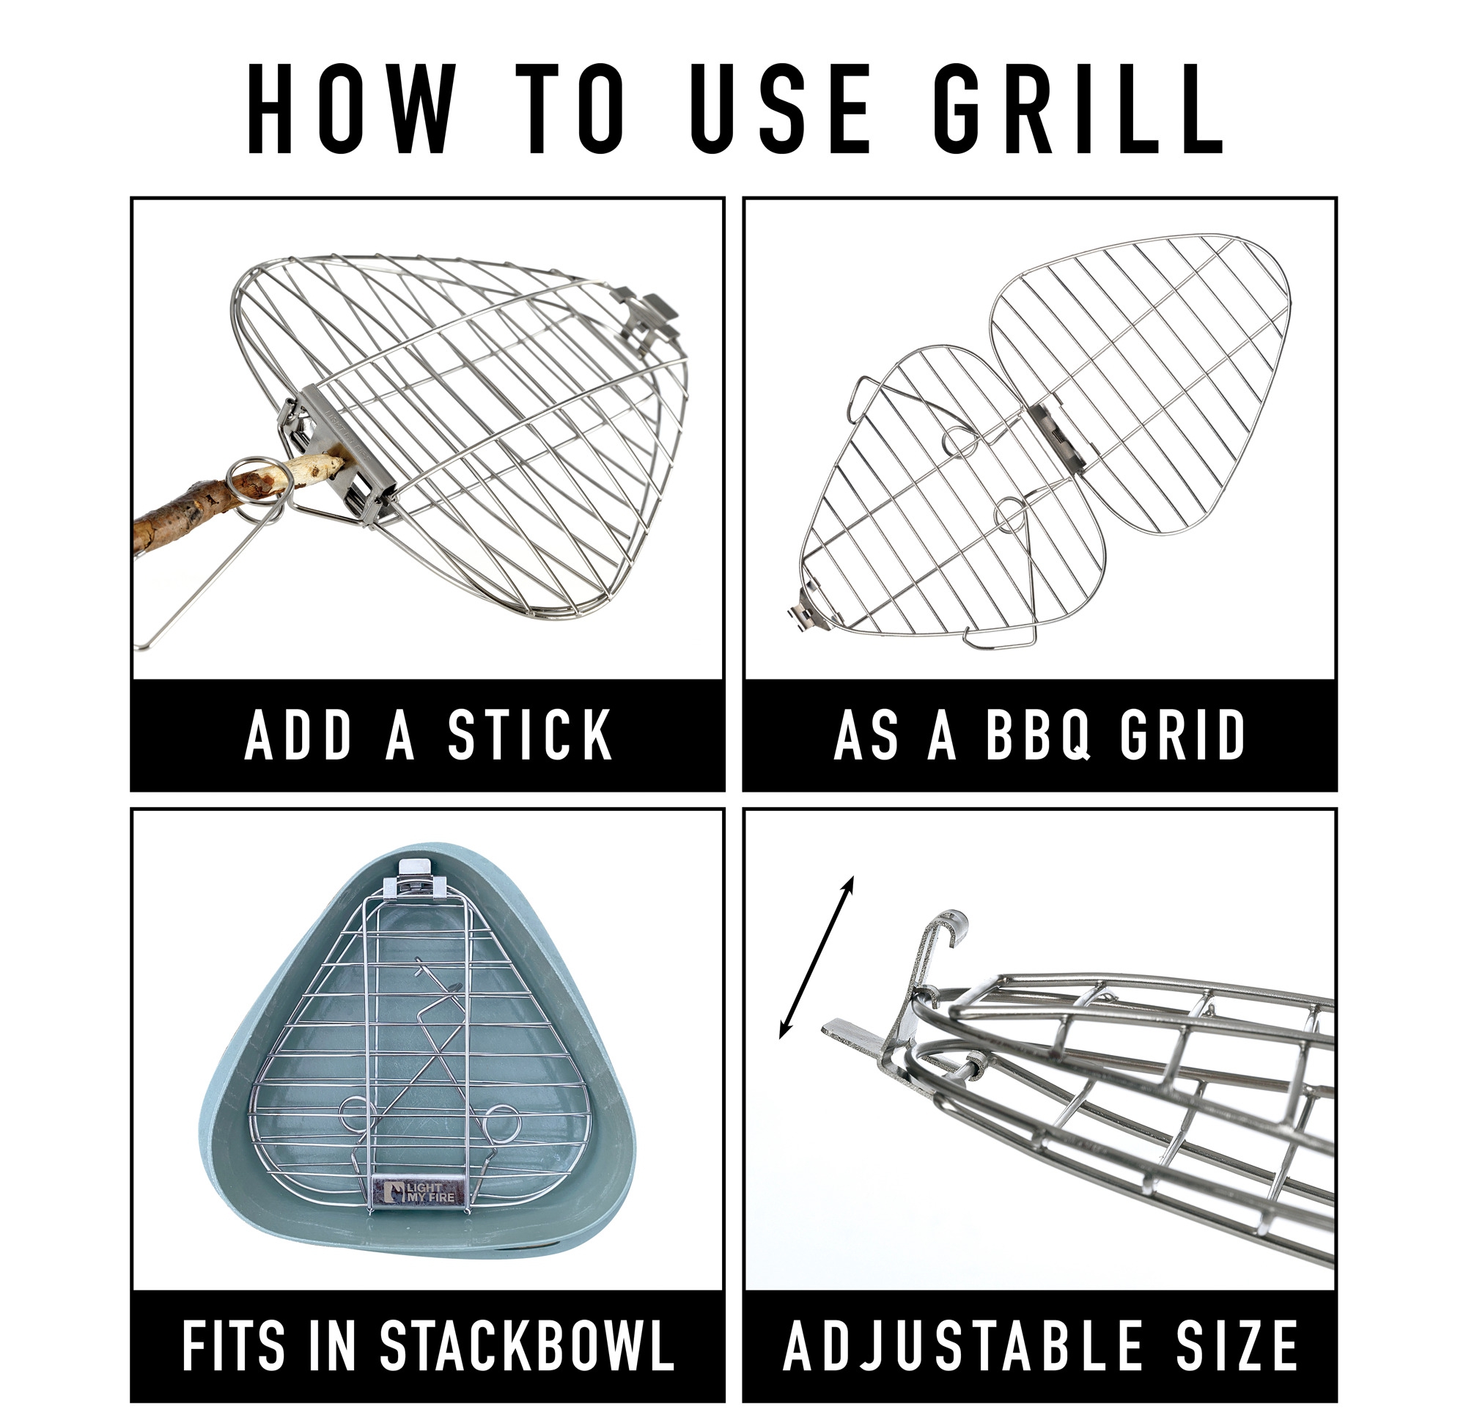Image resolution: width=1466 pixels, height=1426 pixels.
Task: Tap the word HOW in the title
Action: point(352,109)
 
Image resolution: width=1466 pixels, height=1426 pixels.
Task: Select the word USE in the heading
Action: point(778,109)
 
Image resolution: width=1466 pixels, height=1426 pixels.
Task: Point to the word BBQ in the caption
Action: point(1037,736)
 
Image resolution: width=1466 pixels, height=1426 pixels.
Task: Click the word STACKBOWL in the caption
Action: point(526,1346)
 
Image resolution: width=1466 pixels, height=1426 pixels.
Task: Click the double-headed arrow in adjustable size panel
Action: point(816,958)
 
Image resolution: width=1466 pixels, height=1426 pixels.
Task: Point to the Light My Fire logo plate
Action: point(419,1191)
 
